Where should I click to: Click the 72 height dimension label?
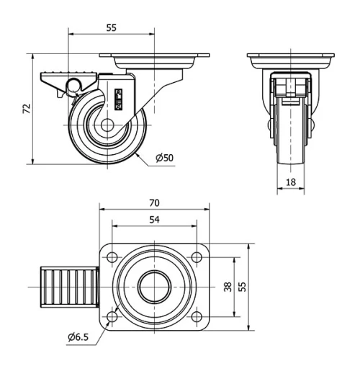pyautogui.click(x=27, y=109)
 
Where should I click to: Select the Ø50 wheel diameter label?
pyautogui.click(x=164, y=158)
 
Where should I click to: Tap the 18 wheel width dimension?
pyautogui.click(x=291, y=183)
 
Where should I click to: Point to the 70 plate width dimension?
pyautogui.click(x=153, y=202)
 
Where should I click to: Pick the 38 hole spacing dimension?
pyautogui.click(x=228, y=287)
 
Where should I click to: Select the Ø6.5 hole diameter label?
pyautogui.click(x=78, y=336)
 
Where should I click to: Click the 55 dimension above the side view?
pyautogui.click(x=112, y=27)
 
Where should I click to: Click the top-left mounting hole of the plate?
pyautogui.click(x=112, y=256)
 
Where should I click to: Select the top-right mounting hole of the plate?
pyautogui.click(x=196, y=256)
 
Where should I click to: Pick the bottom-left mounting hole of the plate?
pyautogui.click(x=112, y=316)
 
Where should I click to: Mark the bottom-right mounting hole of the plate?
pyautogui.click(x=196, y=316)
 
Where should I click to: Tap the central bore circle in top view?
pyautogui.click(x=153, y=287)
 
